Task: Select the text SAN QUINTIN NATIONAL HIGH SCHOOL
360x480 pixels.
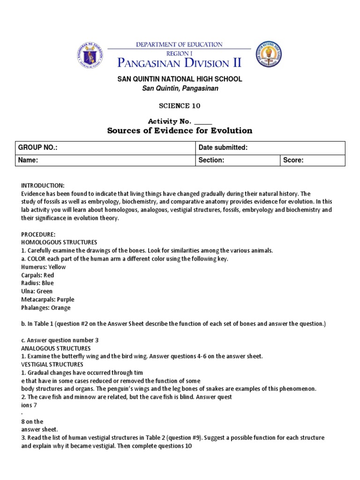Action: click(x=180, y=79)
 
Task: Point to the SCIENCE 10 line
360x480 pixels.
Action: click(x=180, y=106)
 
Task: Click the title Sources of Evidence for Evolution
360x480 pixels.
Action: click(x=180, y=131)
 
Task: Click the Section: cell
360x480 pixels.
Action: click(x=237, y=160)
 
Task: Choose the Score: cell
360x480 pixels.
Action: click(x=312, y=160)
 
